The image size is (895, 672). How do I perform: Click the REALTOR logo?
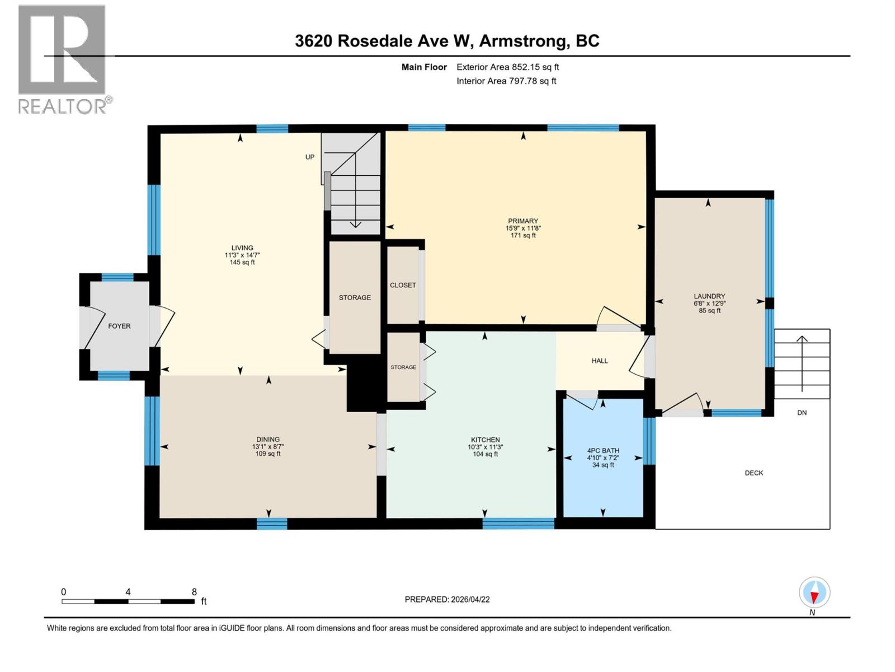(63, 59)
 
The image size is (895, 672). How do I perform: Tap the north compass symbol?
(814, 592)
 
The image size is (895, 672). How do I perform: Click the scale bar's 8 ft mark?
(194, 592)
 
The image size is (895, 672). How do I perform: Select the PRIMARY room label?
(523, 221)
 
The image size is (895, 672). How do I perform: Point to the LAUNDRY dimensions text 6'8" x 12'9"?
(709, 304)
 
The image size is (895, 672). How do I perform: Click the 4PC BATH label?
(603, 451)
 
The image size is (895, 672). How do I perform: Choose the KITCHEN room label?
(485, 440)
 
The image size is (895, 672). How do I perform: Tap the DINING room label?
(268, 440)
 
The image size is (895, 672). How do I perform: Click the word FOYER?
(119, 326)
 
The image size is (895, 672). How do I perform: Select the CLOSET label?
(403, 285)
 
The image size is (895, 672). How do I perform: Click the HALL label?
(600, 361)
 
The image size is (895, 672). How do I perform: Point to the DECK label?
(754, 473)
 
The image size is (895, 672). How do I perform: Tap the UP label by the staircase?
(310, 157)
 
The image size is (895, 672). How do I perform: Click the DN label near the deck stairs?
(802, 413)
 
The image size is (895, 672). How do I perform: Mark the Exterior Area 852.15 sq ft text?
(507, 67)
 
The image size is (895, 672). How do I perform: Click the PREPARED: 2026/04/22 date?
(447, 599)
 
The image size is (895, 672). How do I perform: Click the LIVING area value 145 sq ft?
(242, 262)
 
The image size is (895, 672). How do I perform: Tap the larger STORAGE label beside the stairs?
(355, 297)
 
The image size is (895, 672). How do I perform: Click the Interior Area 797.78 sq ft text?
(506, 81)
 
